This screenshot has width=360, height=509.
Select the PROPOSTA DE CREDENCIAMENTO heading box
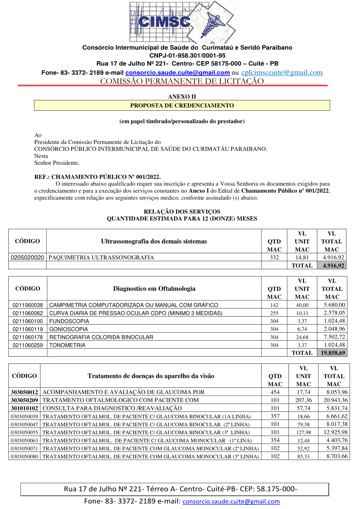click(182, 106)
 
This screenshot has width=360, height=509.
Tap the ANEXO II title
click(182, 97)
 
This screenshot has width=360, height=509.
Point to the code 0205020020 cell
click(27, 257)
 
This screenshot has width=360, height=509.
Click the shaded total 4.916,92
click(332, 265)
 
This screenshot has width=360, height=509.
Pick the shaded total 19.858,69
click(332, 353)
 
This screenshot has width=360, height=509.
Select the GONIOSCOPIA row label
click(69, 329)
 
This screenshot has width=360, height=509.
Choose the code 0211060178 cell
click(28, 337)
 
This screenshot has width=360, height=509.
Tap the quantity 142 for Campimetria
click(274, 305)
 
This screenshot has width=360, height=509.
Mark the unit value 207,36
click(302, 400)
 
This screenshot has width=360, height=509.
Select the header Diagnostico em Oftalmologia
click(154, 288)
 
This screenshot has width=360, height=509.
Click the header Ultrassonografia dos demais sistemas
click(154, 241)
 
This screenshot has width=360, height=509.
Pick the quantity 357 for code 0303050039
click(275, 416)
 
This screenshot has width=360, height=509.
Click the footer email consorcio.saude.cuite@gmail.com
click(231, 501)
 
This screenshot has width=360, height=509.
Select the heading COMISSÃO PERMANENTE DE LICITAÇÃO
click(182, 81)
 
